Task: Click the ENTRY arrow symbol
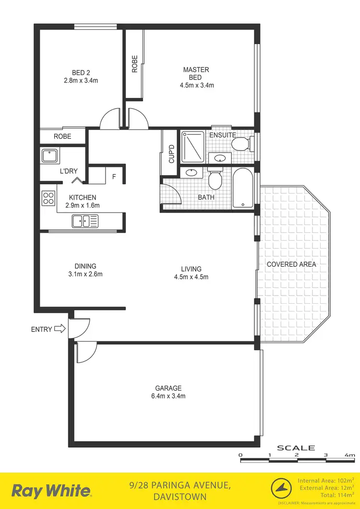(x=60, y=329)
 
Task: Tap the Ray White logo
(x=51, y=491)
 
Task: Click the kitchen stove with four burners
(x=48, y=198)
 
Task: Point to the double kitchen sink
(x=85, y=221)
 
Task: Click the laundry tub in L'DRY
(x=49, y=156)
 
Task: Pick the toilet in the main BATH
(x=215, y=179)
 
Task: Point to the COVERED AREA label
(x=291, y=264)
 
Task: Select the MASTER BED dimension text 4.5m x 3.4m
(x=196, y=85)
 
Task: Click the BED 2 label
(x=81, y=72)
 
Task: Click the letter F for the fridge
(x=114, y=177)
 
